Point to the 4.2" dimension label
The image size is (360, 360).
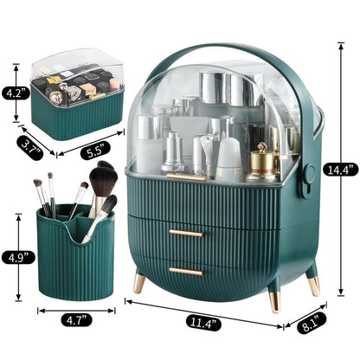[14, 90]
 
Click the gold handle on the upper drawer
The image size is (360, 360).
[185, 233]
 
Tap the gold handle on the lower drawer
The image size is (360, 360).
[185, 271]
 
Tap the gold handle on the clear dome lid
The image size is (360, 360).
[185, 177]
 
